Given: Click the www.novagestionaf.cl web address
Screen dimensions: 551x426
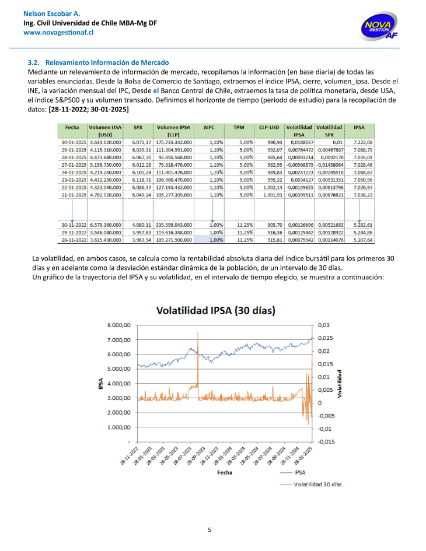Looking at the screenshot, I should click(58, 33).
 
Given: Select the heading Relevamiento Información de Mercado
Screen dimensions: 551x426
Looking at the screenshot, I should click(107, 62).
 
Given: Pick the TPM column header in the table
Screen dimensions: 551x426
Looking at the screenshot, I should click(238, 127).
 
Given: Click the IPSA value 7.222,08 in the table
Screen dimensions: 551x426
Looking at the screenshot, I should click(362, 142).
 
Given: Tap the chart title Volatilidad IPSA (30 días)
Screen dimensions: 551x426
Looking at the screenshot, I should click(215, 310).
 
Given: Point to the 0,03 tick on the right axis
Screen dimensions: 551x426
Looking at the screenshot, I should click(323, 325).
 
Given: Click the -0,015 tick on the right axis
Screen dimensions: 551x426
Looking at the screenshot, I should click(326, 441).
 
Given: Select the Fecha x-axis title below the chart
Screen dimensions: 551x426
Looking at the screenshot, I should click(225, 472).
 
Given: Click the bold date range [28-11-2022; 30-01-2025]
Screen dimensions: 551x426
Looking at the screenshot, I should click(88, 109).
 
